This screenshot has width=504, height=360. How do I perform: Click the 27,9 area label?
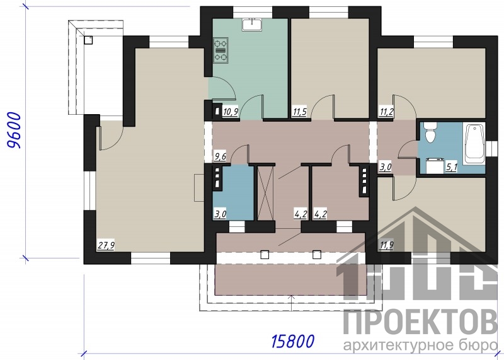[106, 246]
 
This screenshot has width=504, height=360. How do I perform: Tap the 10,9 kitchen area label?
[231, 112]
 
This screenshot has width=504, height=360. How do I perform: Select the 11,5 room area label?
[300, 112]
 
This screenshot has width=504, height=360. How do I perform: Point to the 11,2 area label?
[387, 112]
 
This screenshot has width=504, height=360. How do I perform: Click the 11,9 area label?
[387, 246]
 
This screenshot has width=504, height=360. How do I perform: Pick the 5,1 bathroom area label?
[452, 167]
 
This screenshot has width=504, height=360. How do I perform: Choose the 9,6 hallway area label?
[220, 157]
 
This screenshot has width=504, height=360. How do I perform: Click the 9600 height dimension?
[14, 131]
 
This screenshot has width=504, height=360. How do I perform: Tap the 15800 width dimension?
[292, 341]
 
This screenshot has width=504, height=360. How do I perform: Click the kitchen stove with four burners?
[221, 50]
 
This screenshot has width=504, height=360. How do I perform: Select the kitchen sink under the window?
[253, 25]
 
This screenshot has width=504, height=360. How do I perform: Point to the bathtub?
[474, 144]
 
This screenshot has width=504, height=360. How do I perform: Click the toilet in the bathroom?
[430, 132]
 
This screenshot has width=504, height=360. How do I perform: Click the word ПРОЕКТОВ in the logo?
[420, 322]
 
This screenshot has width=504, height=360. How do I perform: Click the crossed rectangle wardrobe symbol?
[265, 194]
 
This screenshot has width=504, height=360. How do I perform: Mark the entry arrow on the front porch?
[291, 303]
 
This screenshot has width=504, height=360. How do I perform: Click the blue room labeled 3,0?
[233, 193]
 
